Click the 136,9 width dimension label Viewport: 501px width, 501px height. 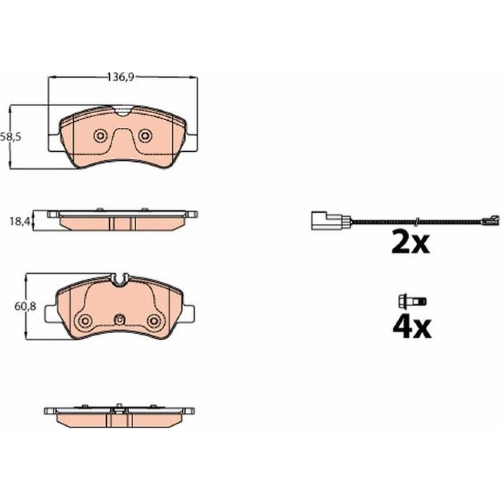(120, 77)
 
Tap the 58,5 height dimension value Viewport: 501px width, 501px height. (11, 137)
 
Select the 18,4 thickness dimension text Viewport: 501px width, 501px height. (20, 221)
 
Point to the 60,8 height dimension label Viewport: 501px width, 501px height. (25, 307)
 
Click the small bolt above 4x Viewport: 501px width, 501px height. (412, 301)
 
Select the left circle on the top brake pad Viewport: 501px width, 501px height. (100, 136)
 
